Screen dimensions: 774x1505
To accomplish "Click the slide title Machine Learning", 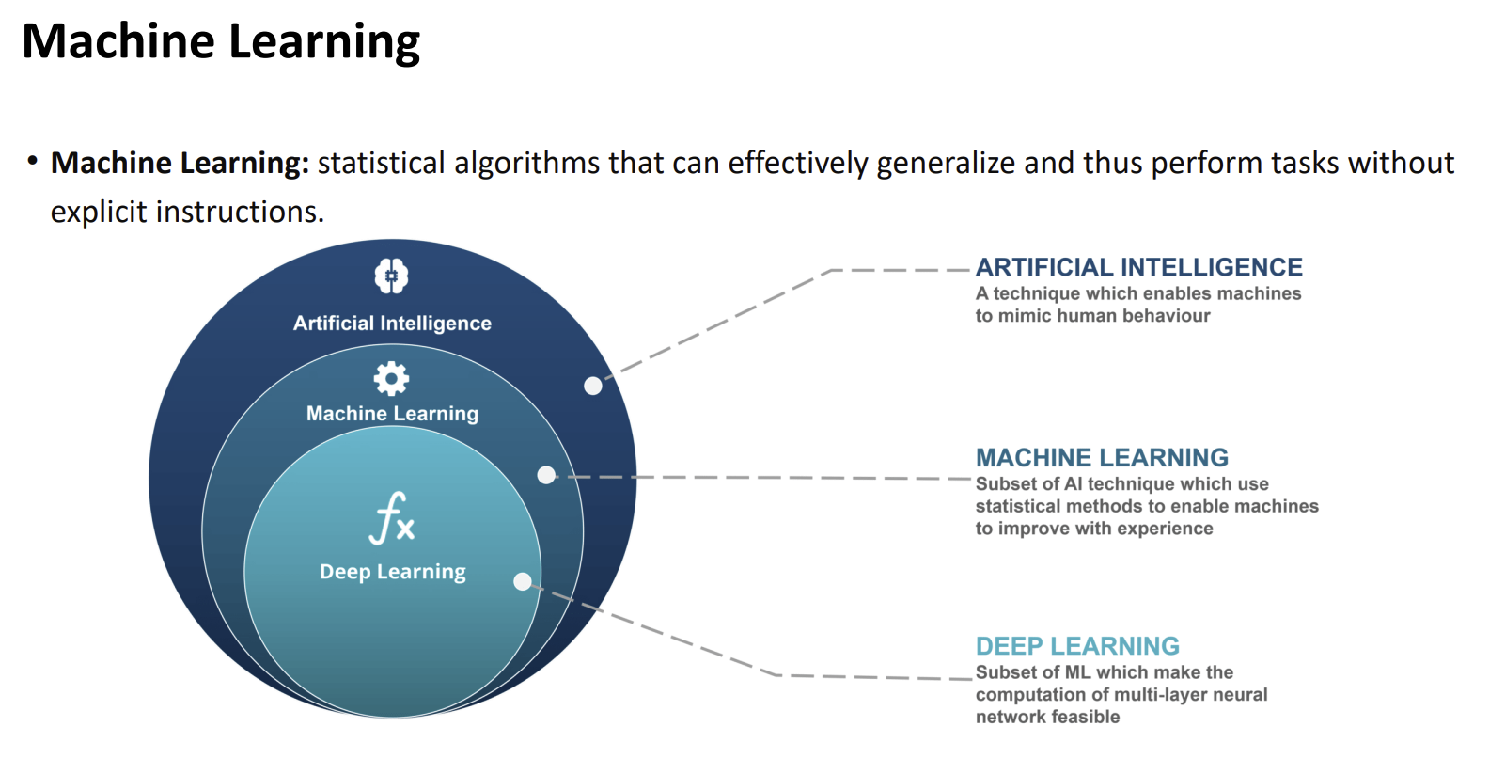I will (221, 42).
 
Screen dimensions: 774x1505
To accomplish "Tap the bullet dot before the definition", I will (33, 161).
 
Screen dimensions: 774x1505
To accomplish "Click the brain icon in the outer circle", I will (391, 276).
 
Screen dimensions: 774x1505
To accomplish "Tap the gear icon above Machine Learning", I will (391, 378).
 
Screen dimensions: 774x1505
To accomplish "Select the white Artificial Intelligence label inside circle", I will (392, 324).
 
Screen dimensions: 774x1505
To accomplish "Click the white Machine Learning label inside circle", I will (392, 414).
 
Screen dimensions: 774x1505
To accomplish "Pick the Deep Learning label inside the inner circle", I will (392, 572).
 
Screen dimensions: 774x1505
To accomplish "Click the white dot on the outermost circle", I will (593, 386).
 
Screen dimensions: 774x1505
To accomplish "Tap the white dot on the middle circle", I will (546, 475).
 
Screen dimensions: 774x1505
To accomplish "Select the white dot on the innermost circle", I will (523, 581).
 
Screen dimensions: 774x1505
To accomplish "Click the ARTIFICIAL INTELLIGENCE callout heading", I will (1138, 268).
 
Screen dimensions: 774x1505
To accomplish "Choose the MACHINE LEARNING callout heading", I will (1102, 458).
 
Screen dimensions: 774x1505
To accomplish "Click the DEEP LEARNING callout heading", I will (1077, 646).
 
